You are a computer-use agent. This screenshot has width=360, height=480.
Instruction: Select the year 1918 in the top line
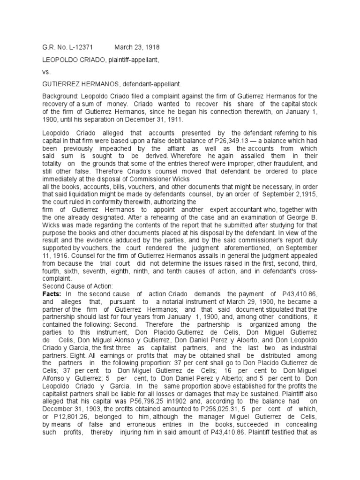145,47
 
